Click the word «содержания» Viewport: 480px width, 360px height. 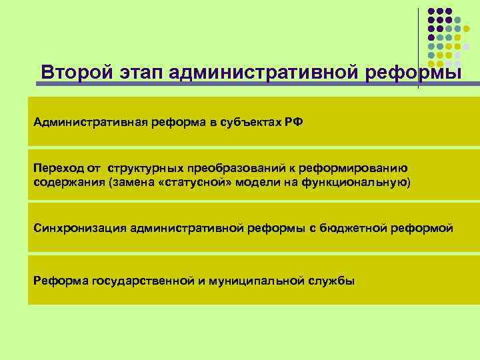tap(63, 182)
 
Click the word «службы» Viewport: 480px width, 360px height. tap(332, 280)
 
